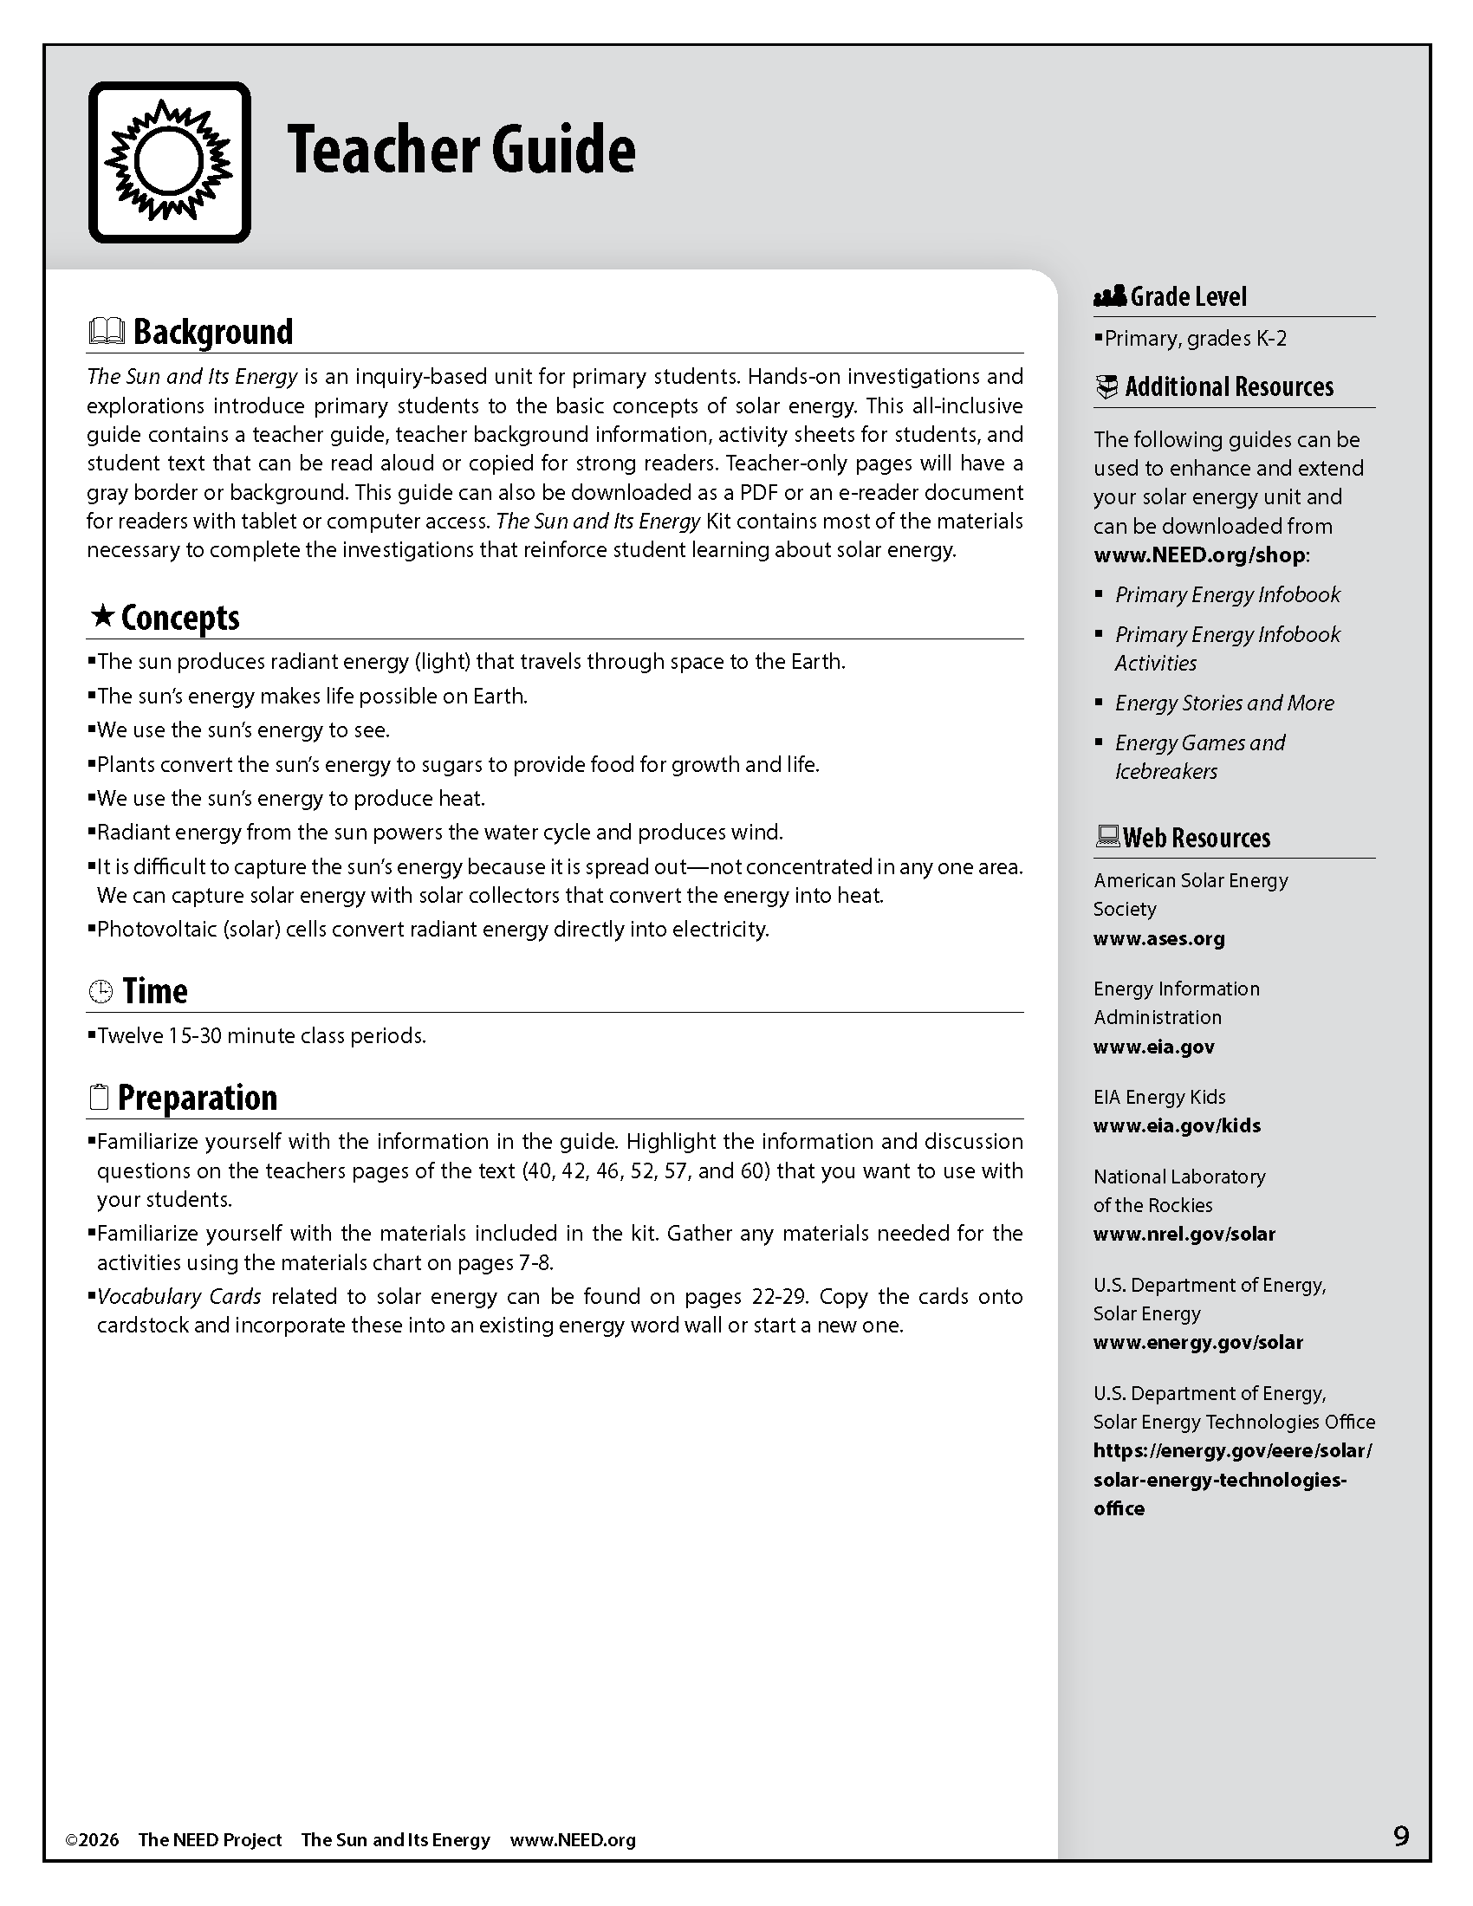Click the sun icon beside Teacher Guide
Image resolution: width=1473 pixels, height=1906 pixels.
169,162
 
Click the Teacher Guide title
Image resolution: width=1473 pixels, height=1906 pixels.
461,150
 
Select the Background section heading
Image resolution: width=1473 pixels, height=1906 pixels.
213,333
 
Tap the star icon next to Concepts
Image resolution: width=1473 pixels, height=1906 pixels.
103,617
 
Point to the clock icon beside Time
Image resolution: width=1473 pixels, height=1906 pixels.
101,991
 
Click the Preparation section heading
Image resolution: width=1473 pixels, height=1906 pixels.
198,1098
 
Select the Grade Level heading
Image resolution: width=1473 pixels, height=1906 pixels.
1188,296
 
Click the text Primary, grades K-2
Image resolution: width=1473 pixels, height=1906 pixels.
1195,339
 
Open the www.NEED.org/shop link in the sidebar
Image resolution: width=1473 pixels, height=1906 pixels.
1199,555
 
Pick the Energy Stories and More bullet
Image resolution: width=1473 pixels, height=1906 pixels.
1224,703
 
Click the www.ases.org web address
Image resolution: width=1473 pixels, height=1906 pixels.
1158,938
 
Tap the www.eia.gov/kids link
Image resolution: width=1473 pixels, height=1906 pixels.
1177,1125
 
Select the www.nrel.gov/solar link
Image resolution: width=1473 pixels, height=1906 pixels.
1184,1233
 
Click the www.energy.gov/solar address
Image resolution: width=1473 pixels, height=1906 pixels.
1197,1341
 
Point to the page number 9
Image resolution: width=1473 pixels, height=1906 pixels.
1400,1836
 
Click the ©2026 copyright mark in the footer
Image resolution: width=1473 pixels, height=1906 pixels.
92,1839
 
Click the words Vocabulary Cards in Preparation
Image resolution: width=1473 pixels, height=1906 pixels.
178,1296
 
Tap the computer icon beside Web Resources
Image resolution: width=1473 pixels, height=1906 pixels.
1106,837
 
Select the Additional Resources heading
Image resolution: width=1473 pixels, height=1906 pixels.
1229,386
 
